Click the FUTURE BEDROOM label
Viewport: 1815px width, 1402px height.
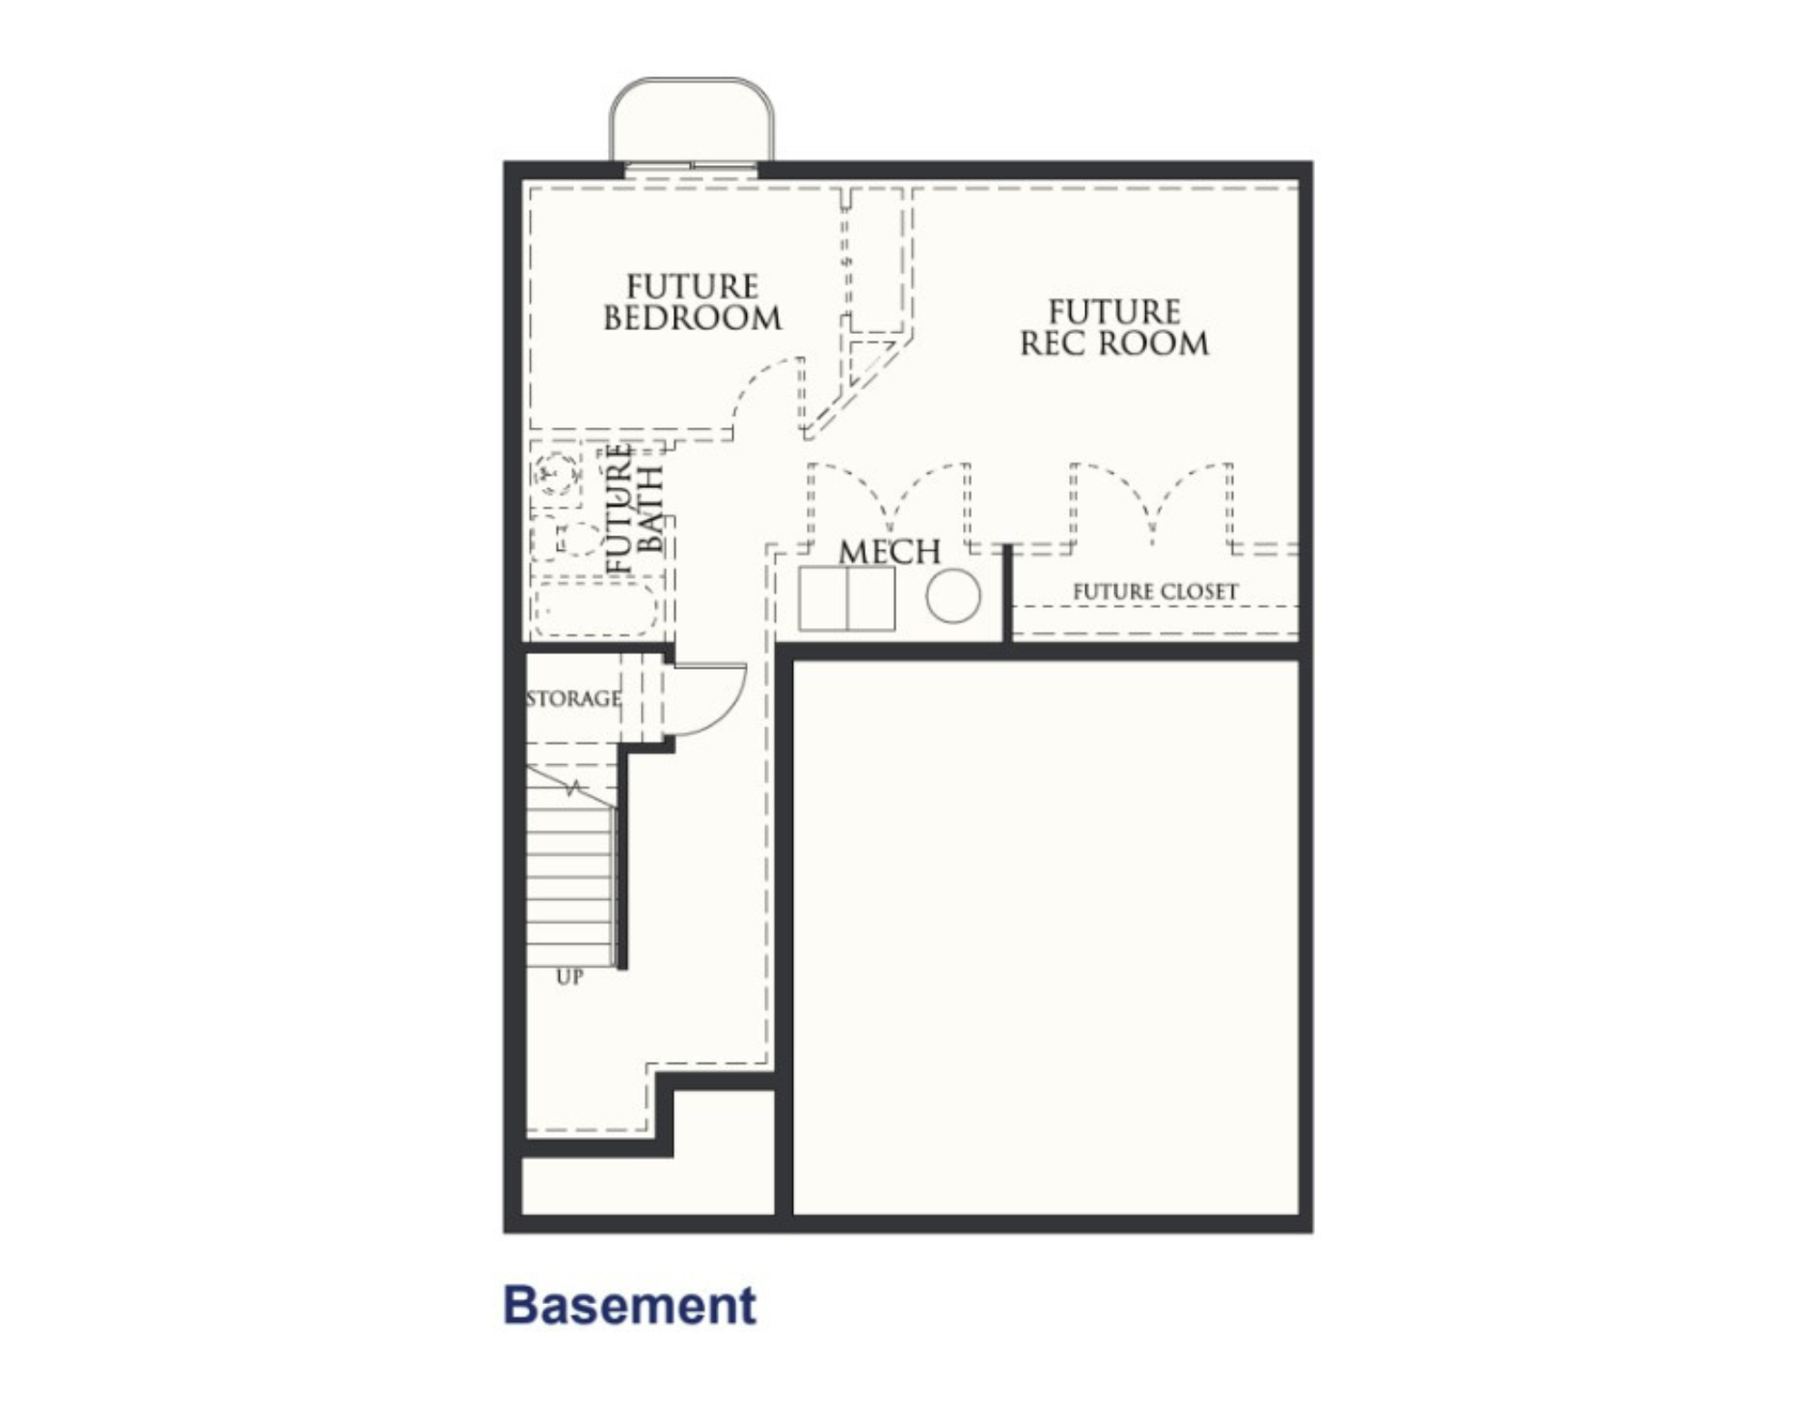[x=692, y=302]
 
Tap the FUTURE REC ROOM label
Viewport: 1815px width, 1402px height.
[x=1114, y=328]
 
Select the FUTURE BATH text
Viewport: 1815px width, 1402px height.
[x=635, y=507]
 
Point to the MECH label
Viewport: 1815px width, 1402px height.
[x=889, y=552]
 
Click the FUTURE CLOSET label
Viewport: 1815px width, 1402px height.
[x=1155, y=592]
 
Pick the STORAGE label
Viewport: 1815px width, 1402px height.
[x=574, y=699]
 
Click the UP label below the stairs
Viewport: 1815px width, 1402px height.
[x=569, y=977]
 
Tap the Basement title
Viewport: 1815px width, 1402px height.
[x=630, y=1305]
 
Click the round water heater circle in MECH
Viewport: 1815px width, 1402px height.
[x=953, y=596]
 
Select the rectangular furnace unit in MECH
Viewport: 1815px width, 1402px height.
[x=847, y=598]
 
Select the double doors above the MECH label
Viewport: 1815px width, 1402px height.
[x=889, y=504]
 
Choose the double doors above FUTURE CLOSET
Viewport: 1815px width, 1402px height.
[x=1152, y=504]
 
